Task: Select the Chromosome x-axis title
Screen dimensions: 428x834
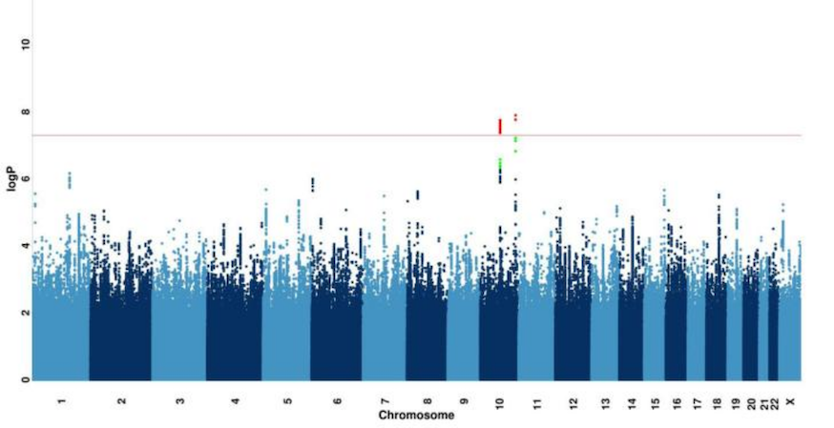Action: (x=416, y=417)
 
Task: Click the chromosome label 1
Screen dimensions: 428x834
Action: (x=61, y=401)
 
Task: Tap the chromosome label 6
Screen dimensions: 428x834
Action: (x=337, y=401)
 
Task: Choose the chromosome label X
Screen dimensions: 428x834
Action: (x=789, y=401)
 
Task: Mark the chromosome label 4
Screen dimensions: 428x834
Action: (x=234, y=401)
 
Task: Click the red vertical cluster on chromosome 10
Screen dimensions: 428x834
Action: (x=499, y=126)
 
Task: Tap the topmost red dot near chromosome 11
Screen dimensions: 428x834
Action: (x=515, y=115)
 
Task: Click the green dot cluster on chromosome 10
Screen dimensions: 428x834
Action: (x=499, y=164)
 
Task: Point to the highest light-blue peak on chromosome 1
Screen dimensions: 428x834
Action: (x=69, y=174)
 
